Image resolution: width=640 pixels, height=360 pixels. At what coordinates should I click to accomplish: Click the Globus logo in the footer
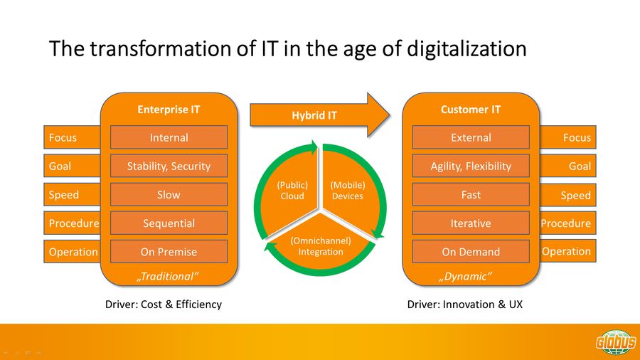point(616,342)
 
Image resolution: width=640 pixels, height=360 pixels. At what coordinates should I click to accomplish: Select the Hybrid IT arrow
point(319,115)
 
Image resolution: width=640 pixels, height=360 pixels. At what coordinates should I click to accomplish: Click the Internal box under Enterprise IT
point(169,137)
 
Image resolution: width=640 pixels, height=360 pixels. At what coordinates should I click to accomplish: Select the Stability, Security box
point(169,166)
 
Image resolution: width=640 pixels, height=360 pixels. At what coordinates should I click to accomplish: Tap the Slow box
point(169,195)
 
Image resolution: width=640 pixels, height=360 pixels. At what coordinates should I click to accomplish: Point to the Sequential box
point(169,223)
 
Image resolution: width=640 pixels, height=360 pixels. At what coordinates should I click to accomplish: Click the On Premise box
point(169,252)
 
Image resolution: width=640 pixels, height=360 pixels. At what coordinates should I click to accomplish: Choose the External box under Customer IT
point(471,137)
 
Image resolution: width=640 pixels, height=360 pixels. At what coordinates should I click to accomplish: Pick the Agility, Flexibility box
point(471,166)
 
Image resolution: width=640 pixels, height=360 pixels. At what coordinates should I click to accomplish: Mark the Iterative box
point(471,223)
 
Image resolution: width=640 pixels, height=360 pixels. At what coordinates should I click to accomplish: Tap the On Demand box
point(471,252)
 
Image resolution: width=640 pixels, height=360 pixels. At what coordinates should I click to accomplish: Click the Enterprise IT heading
point(169,110)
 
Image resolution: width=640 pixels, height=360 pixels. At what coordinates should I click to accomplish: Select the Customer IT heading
point(471,110)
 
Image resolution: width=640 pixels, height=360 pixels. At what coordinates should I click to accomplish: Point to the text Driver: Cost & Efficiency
point(164,305)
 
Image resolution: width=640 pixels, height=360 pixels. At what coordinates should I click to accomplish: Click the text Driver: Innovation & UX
point(465,305)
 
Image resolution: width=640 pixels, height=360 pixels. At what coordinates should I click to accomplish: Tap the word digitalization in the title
point(466,49)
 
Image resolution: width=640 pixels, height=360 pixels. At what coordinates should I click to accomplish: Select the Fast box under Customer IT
point(471,195)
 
